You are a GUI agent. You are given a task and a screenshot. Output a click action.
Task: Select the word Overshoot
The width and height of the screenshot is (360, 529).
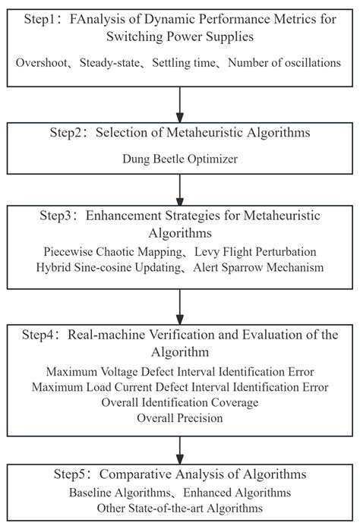(42, 63)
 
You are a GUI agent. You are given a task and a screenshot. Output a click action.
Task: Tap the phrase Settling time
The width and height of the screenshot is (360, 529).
(184, 63)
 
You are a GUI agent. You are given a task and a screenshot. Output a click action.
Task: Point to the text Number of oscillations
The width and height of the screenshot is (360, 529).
(284, 63)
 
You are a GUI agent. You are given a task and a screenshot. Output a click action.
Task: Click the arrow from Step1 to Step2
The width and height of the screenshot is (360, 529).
(180, 105)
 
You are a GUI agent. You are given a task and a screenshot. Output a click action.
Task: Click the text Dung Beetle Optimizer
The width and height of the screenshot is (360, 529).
(180, 159)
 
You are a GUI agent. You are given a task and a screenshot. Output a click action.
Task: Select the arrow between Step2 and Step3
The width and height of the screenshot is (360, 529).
(180, 190)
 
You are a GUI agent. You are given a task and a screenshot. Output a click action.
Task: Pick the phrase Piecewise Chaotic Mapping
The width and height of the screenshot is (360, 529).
(113, 252)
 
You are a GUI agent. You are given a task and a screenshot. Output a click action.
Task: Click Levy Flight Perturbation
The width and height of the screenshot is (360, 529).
(255, 252)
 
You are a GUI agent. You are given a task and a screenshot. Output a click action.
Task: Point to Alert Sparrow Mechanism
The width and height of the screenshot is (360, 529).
(258, 268)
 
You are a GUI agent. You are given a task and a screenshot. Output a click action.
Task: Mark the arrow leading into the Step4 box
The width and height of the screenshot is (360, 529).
(180, 307)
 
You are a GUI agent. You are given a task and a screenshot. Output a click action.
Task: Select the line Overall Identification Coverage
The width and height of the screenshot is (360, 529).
(180, 402)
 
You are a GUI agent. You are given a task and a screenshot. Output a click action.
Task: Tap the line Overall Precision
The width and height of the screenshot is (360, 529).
(180, 418)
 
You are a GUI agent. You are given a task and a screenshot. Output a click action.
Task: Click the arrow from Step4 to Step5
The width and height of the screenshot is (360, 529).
(180, 450)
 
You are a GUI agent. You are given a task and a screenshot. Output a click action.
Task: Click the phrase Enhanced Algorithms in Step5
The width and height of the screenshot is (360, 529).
(237, 493)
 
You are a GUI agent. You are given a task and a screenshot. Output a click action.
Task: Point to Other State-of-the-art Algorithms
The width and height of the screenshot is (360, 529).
(180, 508)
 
